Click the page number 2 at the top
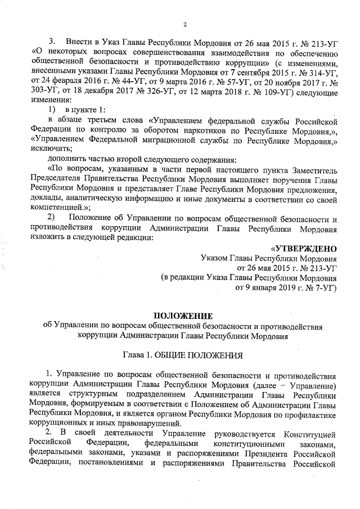click(x=184, y=23)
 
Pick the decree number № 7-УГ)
click(x=318, y=288)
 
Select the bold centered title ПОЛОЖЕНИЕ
click(x=183, y=316)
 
